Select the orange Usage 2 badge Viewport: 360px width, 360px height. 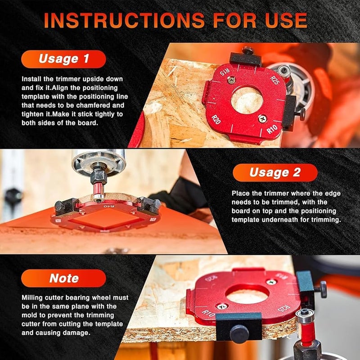pos(275,172)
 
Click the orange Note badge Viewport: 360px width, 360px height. pos(63,278)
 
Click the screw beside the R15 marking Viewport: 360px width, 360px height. pos(231,80)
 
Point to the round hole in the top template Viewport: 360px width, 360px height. pos(247,100)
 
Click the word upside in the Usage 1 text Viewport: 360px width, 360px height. pos(93,79)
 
